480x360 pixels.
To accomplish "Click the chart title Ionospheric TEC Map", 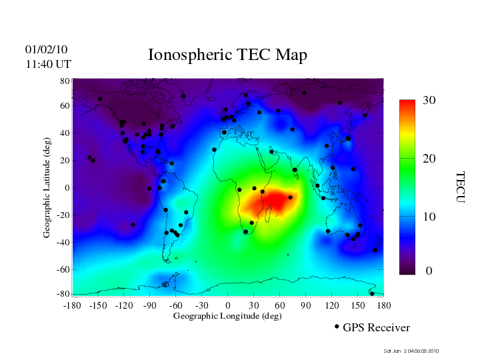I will (227, 55).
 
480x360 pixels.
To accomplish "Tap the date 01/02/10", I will (47, 50).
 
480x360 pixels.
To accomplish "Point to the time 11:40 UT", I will (48, 64).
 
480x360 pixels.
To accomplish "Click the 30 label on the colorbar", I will (429, 101).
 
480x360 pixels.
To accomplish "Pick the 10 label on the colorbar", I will (429, 217).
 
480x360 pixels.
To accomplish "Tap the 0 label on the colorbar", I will (429, 271).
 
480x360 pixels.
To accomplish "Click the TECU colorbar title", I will (460, 187).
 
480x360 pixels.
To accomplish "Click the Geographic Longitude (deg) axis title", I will (227, 316).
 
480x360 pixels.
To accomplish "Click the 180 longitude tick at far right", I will (383, 305).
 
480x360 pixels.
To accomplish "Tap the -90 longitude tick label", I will (150, 305).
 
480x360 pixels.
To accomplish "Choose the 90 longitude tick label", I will (305, 305).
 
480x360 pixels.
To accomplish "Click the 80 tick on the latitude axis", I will (65, 81).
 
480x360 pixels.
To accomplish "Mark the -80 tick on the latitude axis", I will (64, 294).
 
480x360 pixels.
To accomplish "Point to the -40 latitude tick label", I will (64, 242).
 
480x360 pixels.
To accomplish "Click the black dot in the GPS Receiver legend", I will (337, 327).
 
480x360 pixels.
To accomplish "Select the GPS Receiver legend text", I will (376, 328).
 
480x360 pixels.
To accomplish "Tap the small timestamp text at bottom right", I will (411, 351).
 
